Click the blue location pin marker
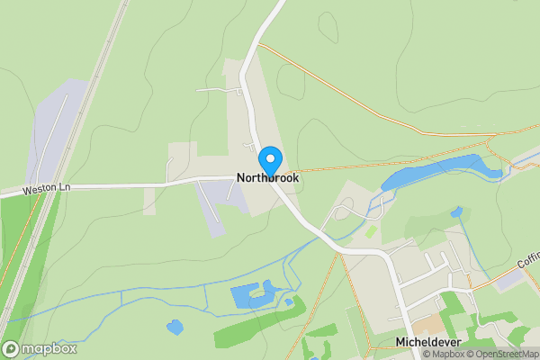coord(269,161)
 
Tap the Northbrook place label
coord(268,178)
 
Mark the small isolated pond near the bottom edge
coord(175,327)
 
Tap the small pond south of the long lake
coord(458,212)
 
